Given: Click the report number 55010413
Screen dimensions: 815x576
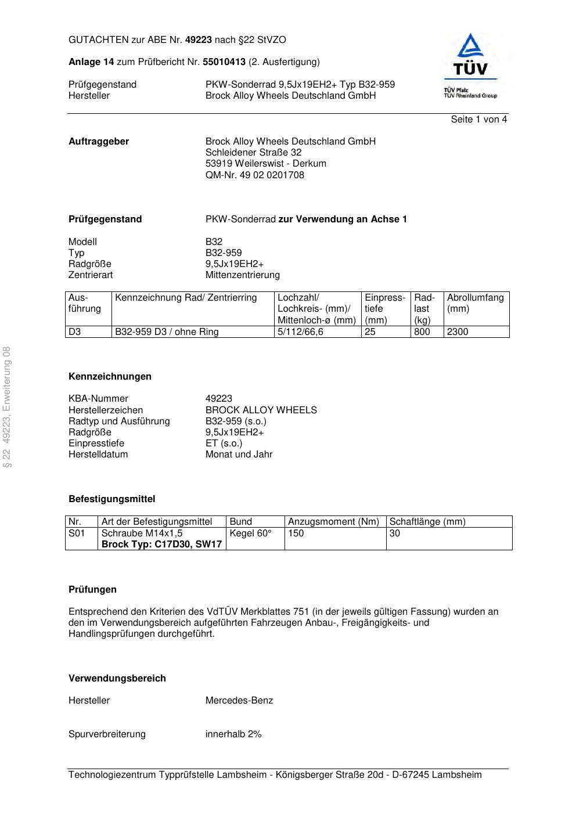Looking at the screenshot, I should tap(224, 62).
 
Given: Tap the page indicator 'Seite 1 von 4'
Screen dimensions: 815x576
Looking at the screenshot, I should tap(478, 120).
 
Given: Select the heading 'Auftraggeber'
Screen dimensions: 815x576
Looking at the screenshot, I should tap(99, 142).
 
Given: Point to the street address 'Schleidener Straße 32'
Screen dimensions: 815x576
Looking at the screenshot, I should tap(253, 153).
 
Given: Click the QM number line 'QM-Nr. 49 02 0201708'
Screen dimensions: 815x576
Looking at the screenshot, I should tap(254, 175).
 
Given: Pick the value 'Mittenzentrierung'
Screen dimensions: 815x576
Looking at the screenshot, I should tap(242, 275).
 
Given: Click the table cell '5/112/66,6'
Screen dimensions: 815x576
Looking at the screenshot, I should tap(300, 332).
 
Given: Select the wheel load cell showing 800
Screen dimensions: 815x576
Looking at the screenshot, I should tap(422, 332).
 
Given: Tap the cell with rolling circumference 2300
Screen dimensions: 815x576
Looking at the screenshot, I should tap(458, 332).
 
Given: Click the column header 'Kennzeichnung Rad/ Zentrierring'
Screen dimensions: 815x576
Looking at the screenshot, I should tap(186, 298).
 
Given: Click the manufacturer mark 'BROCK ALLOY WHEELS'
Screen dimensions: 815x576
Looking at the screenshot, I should tap(261, 410).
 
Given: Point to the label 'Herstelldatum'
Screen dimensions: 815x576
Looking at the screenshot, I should tap(98, 455).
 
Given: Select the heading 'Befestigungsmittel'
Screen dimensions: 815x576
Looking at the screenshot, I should tap(111, 499).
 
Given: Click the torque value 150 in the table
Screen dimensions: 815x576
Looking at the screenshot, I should tap(296, 533).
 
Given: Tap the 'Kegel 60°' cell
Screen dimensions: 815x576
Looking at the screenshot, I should tap(251, 533).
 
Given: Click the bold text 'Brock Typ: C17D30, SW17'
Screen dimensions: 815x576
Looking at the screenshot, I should tap(161, 544).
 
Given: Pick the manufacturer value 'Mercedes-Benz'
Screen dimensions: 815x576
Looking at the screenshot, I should tap(239, 701).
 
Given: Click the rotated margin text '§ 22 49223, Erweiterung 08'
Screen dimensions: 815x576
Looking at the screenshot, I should tap(8, 407).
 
